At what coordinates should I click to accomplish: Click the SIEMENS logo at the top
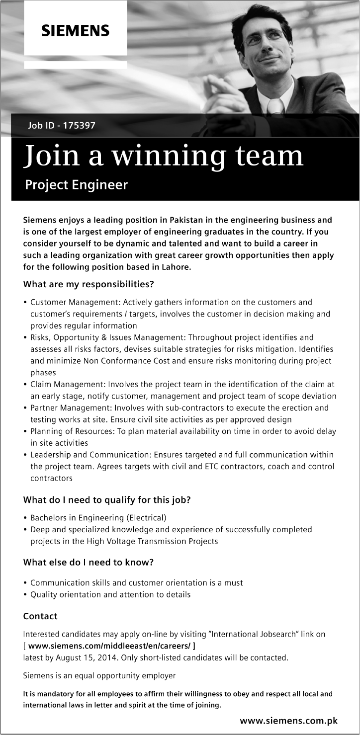click(x=75, y=31)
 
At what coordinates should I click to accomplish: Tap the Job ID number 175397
click(x=79, y=125)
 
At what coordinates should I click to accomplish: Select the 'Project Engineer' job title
click(x=76, y=185)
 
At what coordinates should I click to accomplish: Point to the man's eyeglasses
click(x=264, y=39)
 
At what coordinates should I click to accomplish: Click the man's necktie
click(x=274, y=106)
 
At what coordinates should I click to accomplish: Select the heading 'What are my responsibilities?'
click(x=88, y=285)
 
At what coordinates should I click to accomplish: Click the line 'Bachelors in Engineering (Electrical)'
click(x=98, y=517)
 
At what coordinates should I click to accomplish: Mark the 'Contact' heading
click(x=40, y=616)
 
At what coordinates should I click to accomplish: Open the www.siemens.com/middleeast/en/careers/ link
click(x=109, y=646)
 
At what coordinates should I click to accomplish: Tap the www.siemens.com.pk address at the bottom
click(x=288, y=721)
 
